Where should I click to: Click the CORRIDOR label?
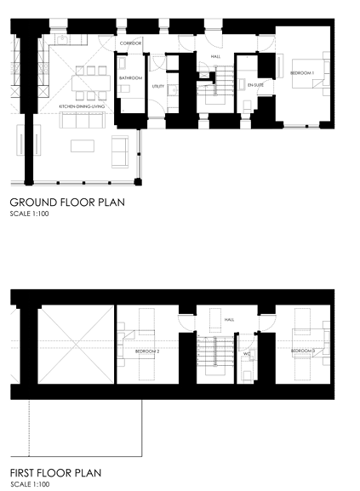130,43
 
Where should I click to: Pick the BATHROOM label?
130,78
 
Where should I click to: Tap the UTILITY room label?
158,86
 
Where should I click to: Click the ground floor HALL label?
215,56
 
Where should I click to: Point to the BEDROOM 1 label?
302,72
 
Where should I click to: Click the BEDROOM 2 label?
147,350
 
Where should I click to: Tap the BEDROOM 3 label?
302,351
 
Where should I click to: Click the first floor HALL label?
229,320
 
